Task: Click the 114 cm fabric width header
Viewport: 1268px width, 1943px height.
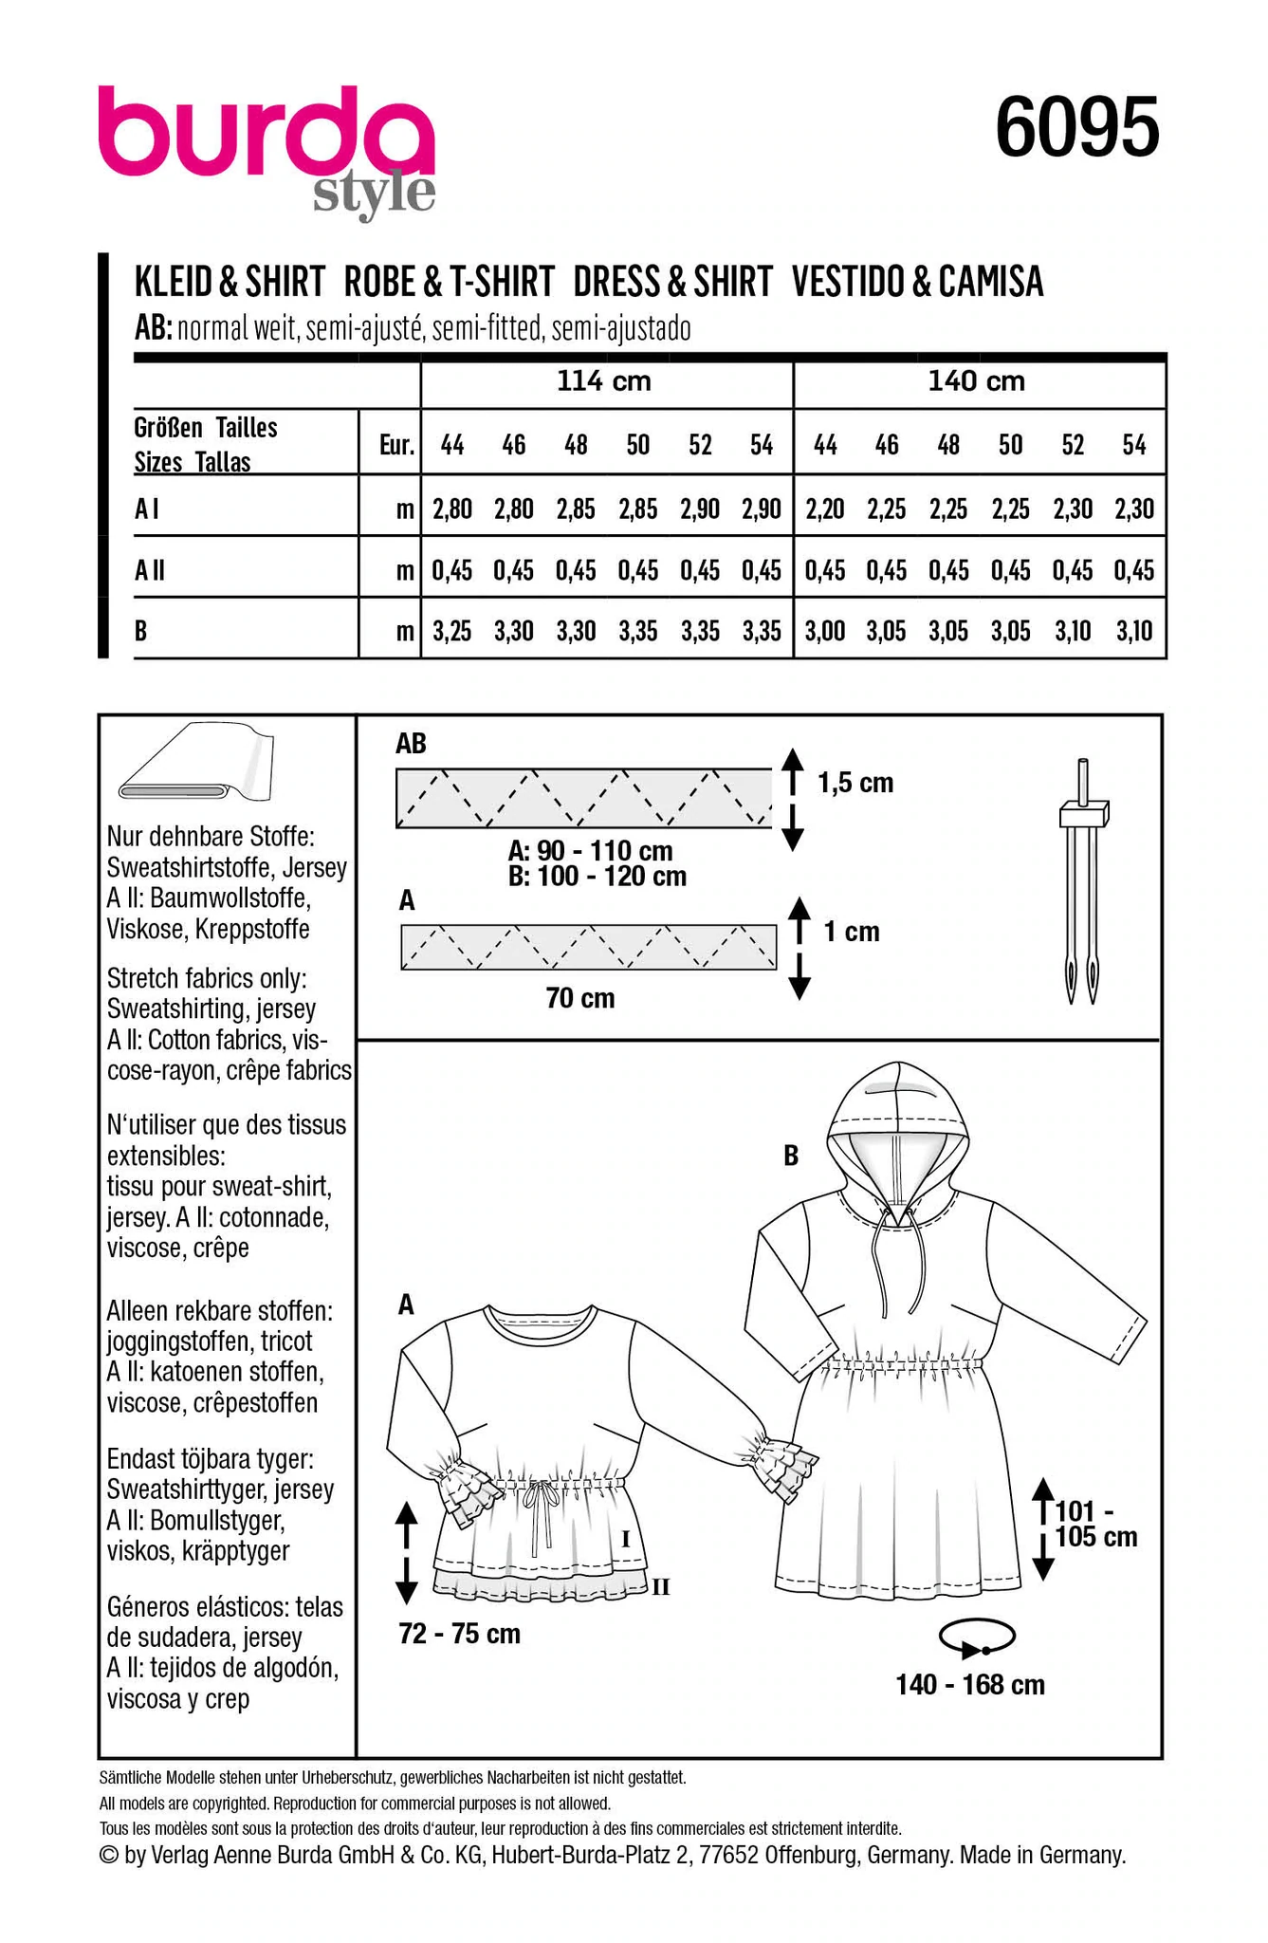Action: pyautogui.click(x=604, y=381)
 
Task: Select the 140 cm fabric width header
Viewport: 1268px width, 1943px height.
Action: pyautogui.click(x=976, y=381)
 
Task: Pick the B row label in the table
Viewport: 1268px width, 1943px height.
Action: pyautogui.click(x=141, y=630)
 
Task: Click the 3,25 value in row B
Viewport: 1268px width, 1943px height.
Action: pyautogui.click(x=452, y=631)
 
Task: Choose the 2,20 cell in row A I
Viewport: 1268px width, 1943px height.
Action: pyautogui.click(x=825, y=509)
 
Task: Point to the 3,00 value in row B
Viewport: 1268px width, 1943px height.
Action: pyautogui.click(x=825, y=631)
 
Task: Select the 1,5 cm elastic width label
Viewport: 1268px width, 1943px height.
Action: pyautogui.click(x=855, y=783)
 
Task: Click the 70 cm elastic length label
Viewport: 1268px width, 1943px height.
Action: pyautogui.click(x=579, y=998)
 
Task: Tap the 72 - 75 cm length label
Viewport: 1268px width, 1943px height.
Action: pyautogui.click(x=460, y=1633)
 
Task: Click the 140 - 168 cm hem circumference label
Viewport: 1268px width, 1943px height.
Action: pyautogui.click(x=970, y=1684)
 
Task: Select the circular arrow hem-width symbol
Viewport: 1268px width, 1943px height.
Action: pyautogui.click(x=977, y=1637)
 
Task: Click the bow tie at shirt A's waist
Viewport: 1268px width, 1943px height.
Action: pyautogui.click(x=542, y=1497)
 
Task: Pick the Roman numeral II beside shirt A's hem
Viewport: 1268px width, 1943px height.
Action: pyautogui.click(x=661, y=1585)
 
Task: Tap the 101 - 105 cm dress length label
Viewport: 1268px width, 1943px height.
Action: pyautogui.click(x=1095, y=1523)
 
